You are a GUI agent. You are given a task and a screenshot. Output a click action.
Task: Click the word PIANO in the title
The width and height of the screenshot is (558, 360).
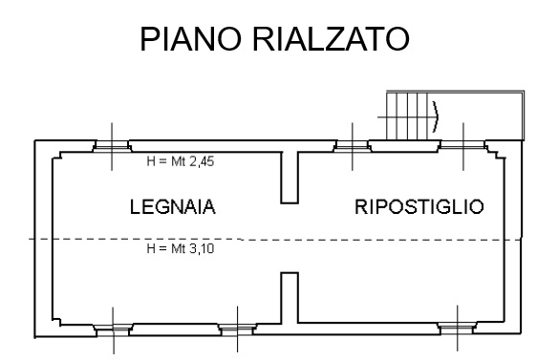191,39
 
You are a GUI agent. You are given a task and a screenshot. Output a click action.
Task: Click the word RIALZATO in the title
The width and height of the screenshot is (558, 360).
331,39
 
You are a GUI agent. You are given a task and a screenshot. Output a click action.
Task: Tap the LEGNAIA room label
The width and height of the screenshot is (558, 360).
173,207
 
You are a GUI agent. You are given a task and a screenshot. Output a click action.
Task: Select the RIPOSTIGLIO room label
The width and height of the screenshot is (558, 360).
419,207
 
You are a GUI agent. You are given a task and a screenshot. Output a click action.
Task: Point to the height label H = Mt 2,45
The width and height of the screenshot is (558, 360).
181,161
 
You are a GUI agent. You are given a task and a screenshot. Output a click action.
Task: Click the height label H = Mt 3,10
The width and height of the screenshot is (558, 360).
181,248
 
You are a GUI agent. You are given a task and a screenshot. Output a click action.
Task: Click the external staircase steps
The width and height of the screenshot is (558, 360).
407,116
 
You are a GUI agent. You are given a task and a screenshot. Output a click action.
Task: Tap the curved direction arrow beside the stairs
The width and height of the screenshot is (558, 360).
436,116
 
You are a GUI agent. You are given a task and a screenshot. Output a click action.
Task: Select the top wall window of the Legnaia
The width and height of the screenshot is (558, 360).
112,146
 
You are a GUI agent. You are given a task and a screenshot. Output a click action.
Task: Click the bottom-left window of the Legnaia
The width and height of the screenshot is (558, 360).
113,330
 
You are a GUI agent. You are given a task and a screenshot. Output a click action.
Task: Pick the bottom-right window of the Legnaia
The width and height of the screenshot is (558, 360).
237,329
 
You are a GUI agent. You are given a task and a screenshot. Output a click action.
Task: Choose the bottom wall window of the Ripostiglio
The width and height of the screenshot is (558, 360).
458,328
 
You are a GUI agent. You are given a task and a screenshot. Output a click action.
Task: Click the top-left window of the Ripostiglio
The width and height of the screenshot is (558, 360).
353,146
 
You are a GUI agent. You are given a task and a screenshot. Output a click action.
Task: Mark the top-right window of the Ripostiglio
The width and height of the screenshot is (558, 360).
463,146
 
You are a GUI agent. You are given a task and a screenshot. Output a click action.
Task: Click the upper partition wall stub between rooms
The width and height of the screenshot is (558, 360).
290,178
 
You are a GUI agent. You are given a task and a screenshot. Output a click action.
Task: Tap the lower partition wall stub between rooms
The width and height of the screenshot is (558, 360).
290,298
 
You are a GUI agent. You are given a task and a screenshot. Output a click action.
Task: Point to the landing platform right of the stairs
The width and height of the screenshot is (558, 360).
476,116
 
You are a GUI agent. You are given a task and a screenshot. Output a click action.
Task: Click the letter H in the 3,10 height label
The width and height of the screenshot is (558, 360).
151,248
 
